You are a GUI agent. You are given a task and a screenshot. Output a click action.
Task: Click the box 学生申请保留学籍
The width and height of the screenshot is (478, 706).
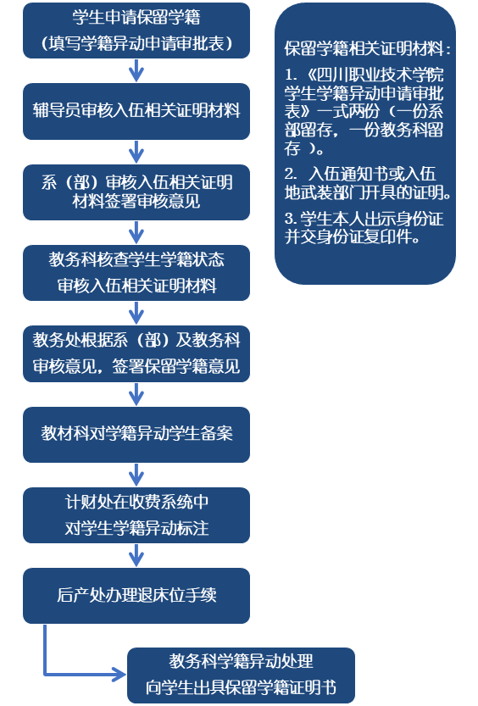(136, 31)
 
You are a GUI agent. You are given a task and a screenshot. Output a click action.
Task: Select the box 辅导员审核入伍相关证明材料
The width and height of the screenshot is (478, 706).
(136, 111)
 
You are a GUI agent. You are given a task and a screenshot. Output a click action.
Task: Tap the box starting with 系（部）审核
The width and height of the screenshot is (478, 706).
(136, 192)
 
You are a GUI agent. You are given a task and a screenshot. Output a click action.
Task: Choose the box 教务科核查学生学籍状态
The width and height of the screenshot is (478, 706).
(136, 273)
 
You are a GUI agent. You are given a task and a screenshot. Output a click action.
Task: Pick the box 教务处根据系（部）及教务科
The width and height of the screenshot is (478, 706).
(136, 354)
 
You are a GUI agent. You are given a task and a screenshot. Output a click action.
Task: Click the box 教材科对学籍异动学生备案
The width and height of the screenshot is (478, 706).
(136, 435)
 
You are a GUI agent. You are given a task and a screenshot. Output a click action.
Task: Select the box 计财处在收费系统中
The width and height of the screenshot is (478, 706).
(136, 515)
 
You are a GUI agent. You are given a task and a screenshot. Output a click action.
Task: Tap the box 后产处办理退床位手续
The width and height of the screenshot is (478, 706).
(136, 596)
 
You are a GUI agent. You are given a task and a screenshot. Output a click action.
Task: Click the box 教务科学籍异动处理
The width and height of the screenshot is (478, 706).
(242, 675)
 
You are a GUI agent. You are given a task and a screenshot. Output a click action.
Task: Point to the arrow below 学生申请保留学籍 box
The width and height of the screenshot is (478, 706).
(136, 70)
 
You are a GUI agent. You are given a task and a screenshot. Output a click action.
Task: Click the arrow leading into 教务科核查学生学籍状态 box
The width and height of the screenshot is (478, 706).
(136, 232)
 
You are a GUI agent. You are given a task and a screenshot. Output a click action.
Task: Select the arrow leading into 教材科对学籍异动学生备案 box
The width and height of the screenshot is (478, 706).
(136, 394)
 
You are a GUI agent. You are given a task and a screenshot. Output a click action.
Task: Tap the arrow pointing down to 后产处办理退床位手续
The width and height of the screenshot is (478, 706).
(136, 556)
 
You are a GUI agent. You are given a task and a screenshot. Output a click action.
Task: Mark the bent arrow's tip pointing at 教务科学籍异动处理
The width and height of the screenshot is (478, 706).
(125, 675)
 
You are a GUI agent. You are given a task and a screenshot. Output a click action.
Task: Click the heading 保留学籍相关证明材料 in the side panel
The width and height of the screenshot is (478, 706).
(364, 48)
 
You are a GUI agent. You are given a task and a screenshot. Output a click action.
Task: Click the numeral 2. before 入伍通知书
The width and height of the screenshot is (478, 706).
(291, 174)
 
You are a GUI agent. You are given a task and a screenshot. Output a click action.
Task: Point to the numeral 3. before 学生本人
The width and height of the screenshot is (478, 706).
(291, 219)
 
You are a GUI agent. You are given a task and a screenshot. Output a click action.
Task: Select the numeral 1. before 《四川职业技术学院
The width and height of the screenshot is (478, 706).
(292, 75)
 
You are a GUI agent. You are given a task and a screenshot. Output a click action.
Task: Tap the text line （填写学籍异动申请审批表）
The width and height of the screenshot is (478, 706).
(136, 44)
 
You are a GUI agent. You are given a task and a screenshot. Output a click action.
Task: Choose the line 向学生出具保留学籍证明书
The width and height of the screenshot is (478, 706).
(242, 688)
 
